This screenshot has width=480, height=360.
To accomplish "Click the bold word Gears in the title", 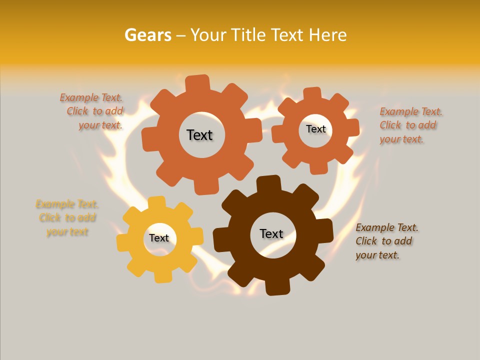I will (148, 35).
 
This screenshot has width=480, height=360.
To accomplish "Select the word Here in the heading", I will (328, 35).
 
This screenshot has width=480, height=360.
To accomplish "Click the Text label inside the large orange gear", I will (199, 135).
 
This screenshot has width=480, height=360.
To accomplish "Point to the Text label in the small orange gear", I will (315, 129).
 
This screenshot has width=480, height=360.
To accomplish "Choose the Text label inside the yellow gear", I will (159, 238).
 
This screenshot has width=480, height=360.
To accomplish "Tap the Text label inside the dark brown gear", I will (271, 233).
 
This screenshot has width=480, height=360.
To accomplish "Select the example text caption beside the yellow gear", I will (66, 218).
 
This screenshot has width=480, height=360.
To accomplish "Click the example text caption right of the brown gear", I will (386, 241).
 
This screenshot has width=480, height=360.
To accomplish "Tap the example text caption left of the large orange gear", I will (93, 111).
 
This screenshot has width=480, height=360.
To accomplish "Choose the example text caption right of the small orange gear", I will (410, 125).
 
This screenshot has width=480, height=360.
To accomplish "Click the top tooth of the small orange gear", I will (312, 94).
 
